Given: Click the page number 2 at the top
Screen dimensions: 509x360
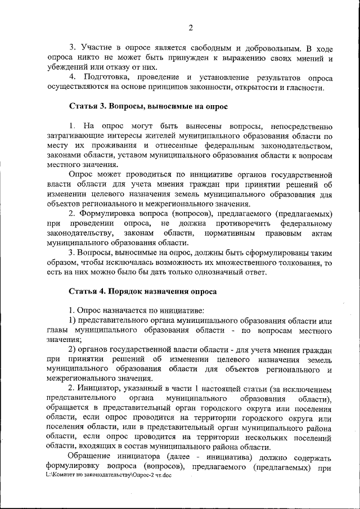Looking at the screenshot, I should pos(190,28).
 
